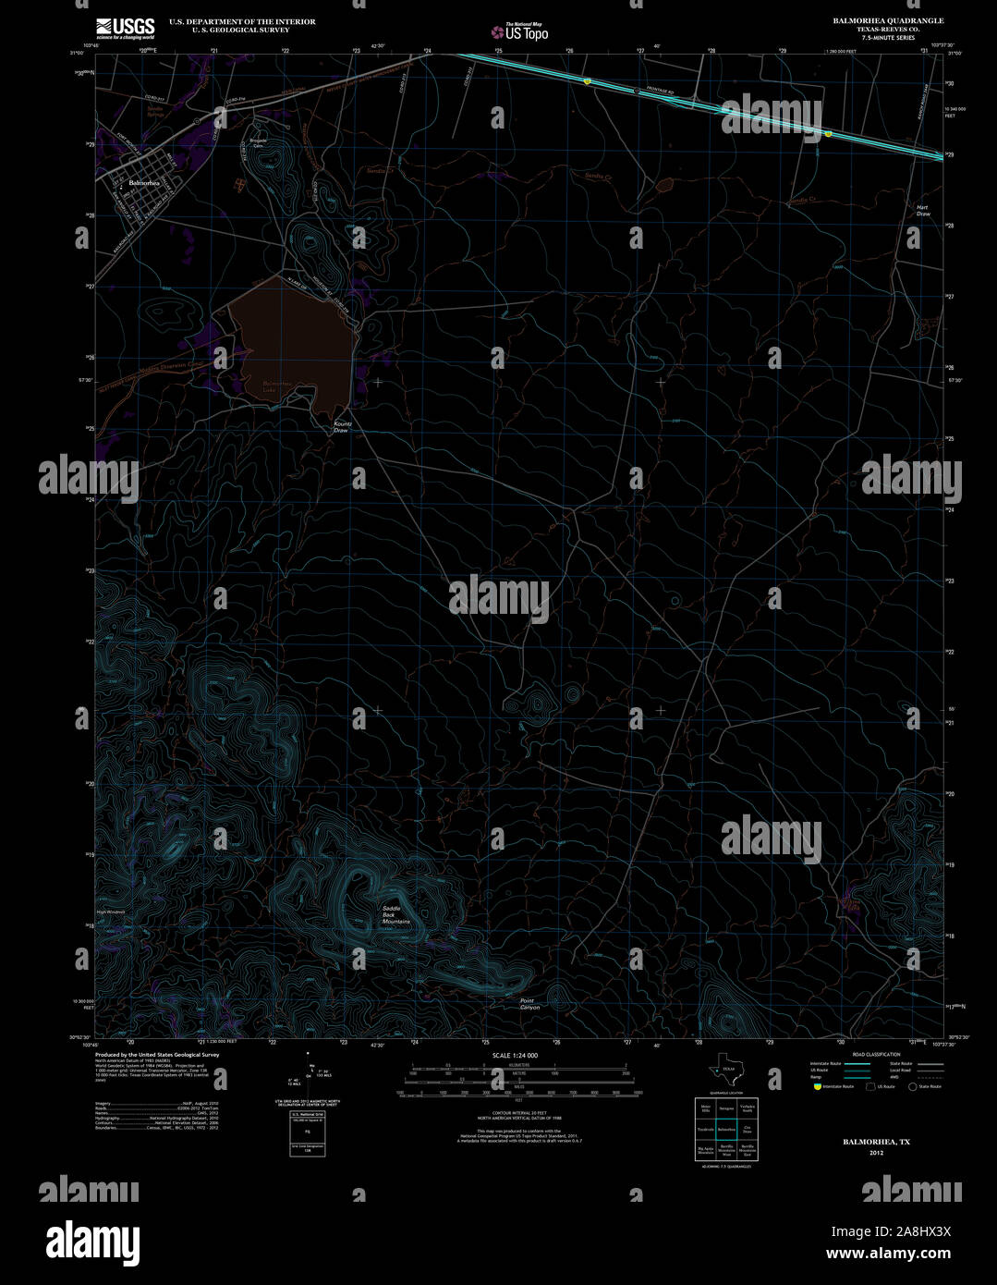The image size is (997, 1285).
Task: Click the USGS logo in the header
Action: coord(125,28)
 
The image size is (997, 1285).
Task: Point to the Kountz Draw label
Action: coord(342,427)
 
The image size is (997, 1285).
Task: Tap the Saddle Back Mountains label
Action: coord(396,915)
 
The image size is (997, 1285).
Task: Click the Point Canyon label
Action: coord(529,1004)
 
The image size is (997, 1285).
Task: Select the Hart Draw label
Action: coord(922,210)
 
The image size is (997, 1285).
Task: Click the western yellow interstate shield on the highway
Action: coord(587,82)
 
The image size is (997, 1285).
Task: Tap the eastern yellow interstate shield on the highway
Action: coord(828,134)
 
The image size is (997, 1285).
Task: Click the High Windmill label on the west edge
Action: coord(109,912)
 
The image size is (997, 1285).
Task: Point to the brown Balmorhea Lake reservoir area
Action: coord(291,342)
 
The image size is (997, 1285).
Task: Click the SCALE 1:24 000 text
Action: coord(515,1055)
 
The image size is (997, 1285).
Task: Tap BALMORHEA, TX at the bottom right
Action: coord(875,1143)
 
